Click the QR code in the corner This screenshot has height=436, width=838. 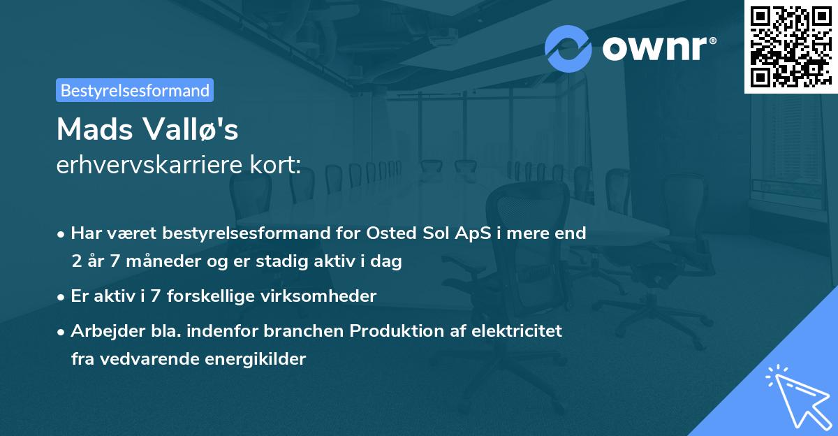click(791, 46)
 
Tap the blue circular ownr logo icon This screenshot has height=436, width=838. click(568, 49)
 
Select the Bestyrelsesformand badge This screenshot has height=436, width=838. click(135, 90)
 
